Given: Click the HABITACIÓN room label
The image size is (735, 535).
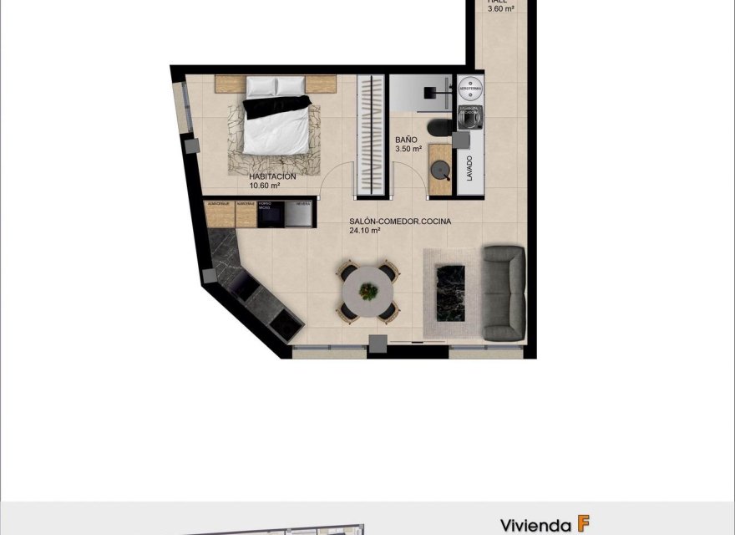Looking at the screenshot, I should coord(272,177).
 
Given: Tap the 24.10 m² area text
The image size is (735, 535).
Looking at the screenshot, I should coord(365,231).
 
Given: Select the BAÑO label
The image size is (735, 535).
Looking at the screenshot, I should coord(407,140).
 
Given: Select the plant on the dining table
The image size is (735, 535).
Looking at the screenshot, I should coord(368,291).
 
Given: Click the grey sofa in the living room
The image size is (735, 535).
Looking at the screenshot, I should coord(504,293).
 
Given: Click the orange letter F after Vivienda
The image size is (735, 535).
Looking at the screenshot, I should coord(583,524).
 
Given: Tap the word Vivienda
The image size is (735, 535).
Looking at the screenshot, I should coord(535,525).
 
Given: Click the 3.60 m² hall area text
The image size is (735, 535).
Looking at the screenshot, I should coord(500,9).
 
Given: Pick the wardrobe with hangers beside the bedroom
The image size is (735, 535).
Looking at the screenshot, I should coord(371,135).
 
